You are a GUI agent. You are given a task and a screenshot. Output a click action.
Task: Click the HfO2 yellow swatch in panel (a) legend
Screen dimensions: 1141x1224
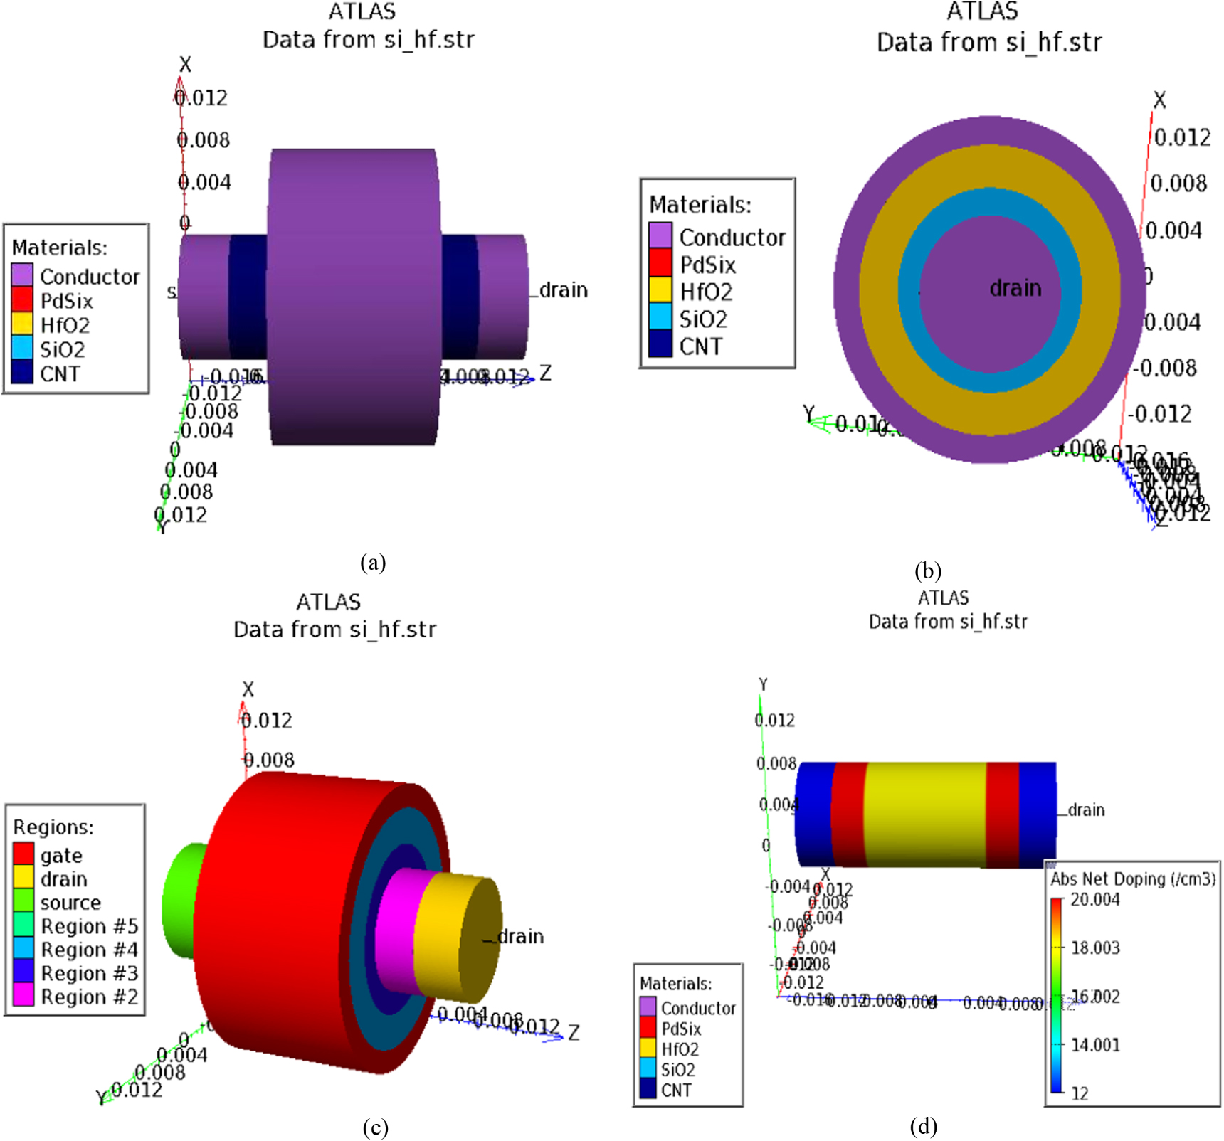pyautogui.click(x=22, y=324)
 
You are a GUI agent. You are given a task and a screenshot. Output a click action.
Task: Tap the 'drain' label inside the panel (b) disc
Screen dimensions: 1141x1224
pyautogui.click(x=1015, y=288)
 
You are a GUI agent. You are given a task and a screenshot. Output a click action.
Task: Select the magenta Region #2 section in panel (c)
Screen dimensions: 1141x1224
pyautogui.click(x=395, y=925)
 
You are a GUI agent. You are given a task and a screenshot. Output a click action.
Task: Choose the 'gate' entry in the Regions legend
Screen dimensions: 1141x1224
pyautogui.click(x=61, y=855)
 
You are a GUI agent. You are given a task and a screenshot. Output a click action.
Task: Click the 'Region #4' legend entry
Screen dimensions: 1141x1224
pyautogui.click(x=89, y=950)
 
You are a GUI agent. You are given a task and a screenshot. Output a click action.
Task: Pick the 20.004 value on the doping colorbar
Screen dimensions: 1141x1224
pyautogui.click(x=1095, y=900)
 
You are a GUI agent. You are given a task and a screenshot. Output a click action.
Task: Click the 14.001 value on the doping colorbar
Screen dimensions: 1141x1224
pyautogui.click(x=1095, y=1045)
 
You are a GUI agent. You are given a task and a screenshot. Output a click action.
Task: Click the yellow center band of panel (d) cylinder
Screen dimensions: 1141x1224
pyautogui.click(x=925, y=814)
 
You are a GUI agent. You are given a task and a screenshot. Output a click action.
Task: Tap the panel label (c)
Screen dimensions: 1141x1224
pyautogui.click(x=375, y=1127)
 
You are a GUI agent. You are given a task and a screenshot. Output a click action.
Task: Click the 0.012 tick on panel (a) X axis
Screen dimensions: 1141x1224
pyautogui.click(x=202, y=97)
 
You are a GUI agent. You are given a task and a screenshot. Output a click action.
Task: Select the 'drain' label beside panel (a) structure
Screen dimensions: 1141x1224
pyautogui.click(x=563, y=290)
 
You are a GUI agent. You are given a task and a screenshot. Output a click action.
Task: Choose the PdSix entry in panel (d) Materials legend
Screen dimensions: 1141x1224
pyautogui.click(x=680, y=1029)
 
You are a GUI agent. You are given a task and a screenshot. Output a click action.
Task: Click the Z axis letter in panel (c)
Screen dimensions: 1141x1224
pyautogui.click(x=574, y=1033)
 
